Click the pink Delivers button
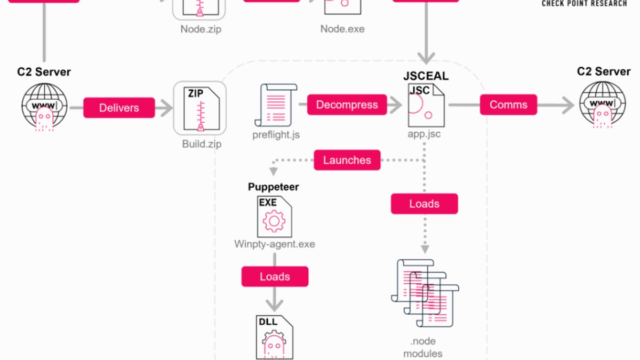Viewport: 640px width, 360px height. pyautogui.click(x=119, y=108)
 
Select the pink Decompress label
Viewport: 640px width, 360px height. pyautogui.click(x=347, y=105)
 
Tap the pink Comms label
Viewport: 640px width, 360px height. pyautogui.click(x=508, y=105)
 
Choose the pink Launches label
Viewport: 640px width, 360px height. pyautogui.click(x=347, y=160)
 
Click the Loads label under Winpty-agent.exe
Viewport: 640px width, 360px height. pyautogui.click(x=275, y=277)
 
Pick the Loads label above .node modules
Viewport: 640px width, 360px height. pyautogui.click(x=425, y=204)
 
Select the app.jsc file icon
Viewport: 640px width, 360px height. pyautogui.click(x=426, y=105)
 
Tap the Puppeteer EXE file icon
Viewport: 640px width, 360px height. pyautogui.click(x=274, y=217)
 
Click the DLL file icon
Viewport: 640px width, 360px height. pyautogui.click(x=274, y=337)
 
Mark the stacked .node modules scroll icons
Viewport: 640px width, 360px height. pyautogui.click(x=425, y=293)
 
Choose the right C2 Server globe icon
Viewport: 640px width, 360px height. pyautogui.click(x=603, y=105)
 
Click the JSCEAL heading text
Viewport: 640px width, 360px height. pyautogui.click(x=426, y=76)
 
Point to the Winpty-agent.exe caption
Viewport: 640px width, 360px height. pyautogui.click(x=275, y=244)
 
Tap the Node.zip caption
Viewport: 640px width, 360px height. pyautogui.click(x=201, y=29)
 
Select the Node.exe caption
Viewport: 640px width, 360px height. pyautogui.click(x=342, y=29)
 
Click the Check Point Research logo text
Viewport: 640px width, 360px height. pyautogui.click(x=585, y=3)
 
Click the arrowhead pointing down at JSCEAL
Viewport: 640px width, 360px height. pyautogui.click(x=426, y=58)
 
